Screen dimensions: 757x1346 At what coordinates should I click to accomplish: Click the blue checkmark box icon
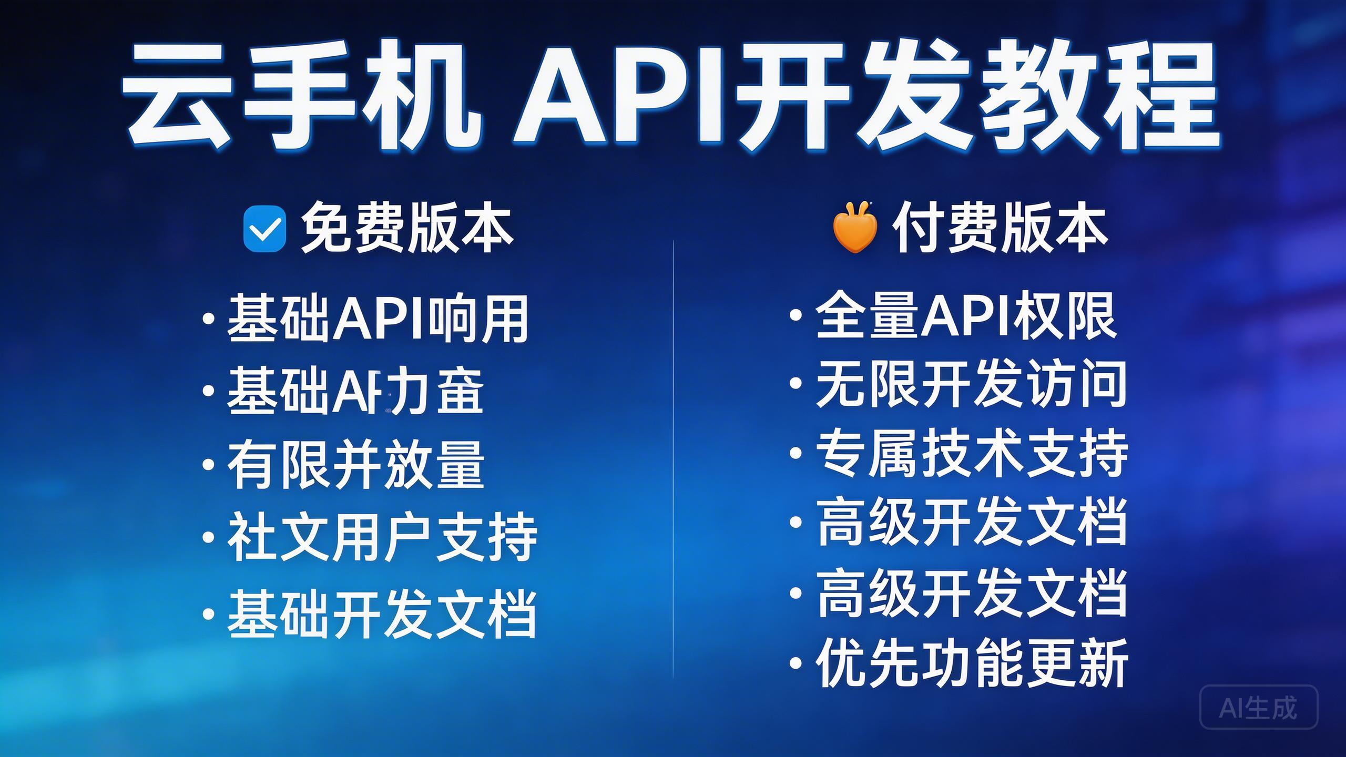point(264,229)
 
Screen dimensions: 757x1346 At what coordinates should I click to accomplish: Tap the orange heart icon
point(855,230)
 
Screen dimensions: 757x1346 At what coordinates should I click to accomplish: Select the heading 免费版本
point(406,229)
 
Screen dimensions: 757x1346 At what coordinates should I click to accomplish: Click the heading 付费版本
point(1000,229)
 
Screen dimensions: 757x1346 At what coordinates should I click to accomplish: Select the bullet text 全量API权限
point(965,315)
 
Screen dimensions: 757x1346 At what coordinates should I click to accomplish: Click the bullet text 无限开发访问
point(971,384)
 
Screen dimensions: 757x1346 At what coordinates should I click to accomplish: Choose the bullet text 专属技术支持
point(972,453)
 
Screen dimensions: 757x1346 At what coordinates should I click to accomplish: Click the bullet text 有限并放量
point(355,465)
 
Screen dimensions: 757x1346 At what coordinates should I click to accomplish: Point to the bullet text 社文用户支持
point(382,537)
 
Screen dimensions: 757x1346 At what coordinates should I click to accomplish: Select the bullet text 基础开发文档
point(382,613)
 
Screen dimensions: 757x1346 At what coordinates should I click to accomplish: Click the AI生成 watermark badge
point(1259,707)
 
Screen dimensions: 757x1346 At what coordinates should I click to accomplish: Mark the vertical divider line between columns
point(673,457)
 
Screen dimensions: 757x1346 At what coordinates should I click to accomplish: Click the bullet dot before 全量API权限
point(796,315)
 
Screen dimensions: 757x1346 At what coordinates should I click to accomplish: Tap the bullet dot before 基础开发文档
point(209,613)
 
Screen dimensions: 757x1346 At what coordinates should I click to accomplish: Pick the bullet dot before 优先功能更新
point(796,663)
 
